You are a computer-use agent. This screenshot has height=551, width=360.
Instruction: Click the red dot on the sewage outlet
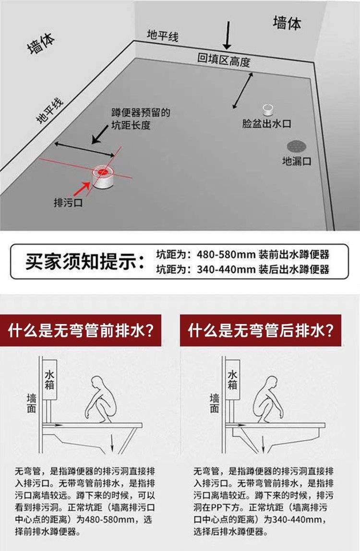103,171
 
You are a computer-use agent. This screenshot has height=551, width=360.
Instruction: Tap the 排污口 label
68,203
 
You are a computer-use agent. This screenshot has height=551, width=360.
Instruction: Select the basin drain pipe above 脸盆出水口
268,109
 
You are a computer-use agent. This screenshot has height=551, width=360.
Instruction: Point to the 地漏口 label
297,161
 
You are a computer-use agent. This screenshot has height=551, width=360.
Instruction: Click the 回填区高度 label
224,60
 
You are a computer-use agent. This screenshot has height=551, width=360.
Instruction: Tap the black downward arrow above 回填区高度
227,35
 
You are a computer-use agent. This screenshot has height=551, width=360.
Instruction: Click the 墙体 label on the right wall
287,23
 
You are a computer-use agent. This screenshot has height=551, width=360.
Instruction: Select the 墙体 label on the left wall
41,44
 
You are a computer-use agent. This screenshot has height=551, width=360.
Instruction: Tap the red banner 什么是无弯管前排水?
81,330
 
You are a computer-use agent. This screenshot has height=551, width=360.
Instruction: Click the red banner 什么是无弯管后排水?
261,330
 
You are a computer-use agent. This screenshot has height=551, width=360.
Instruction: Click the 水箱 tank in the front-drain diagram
49,380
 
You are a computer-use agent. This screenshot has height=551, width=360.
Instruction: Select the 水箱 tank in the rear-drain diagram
232,380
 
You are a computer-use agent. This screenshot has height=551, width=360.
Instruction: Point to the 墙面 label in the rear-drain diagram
214,403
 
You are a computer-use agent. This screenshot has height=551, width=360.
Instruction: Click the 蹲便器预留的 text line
141,112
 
